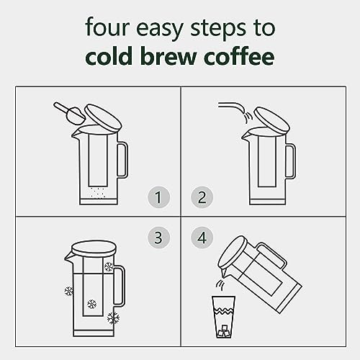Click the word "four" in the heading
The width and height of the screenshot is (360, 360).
click(x=107, y=27)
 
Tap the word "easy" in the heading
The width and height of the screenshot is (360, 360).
click(x=160, y=30)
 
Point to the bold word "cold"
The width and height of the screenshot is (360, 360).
click(x=109, y=56)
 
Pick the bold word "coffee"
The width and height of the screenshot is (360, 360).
click(x=239, y=55)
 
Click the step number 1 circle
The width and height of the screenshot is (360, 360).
click(x=158, y=197)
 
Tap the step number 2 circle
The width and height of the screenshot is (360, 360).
click(x=202, y=197)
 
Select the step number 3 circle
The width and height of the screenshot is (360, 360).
click(x=158, y=238)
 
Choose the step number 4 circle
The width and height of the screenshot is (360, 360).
click(x=202, y=238)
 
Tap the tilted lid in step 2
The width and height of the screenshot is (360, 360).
click(x=271, y=120)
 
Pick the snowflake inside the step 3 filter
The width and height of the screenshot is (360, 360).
click(x=91, y=304)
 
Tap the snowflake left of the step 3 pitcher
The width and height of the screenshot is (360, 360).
click(x=69, y=291)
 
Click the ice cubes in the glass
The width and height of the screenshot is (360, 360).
click(x=224, y=331)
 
